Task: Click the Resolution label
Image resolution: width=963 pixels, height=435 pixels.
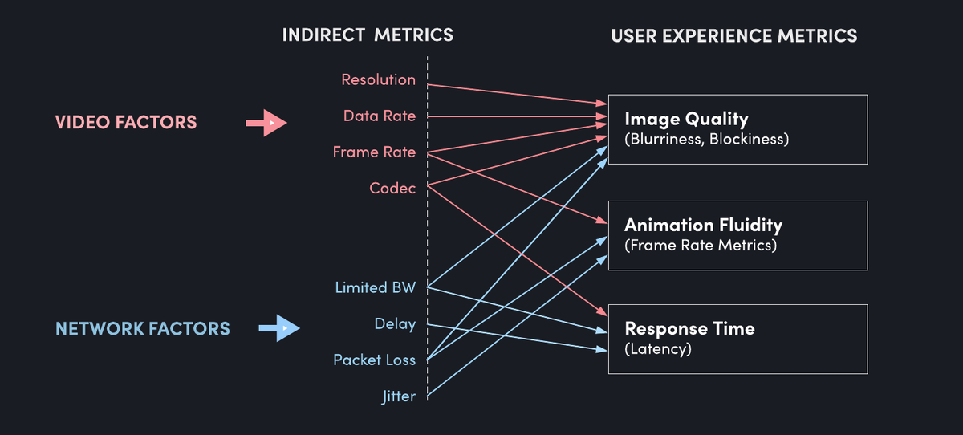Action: coord(378,79)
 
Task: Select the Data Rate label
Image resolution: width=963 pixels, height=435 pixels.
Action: coord(380,116)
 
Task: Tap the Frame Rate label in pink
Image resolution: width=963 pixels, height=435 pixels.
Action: coord(374,152)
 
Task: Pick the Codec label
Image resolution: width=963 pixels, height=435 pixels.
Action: coord(392,188)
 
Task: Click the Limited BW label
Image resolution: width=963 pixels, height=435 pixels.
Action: coord(375,287)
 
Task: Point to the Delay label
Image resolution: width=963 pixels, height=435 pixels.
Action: coord(395,324)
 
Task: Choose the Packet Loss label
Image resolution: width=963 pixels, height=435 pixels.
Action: coord(374,360)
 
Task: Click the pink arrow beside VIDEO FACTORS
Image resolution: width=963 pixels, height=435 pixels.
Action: coord(266,123)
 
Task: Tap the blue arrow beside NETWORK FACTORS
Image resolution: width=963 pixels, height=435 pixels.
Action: coord(278,328)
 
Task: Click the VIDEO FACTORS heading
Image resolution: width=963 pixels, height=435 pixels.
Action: coord(125,123)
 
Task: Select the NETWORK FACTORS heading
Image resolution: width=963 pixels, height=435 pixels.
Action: coord(143,328)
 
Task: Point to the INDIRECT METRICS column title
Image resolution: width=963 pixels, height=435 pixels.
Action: coord(368,35)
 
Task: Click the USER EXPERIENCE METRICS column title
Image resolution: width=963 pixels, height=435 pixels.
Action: coord(733,36)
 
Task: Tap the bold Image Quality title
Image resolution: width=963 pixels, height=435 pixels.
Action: coord(686,120)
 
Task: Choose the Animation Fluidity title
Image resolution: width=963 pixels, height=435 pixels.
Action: coord(703,226)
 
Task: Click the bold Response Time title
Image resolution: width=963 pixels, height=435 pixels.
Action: coord(689,329)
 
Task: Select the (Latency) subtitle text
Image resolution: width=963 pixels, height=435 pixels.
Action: coord(657,349)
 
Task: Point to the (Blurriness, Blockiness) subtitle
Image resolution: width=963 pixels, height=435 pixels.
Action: coord(706,140)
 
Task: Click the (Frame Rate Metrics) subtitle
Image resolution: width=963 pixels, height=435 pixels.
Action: coord(701,246)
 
